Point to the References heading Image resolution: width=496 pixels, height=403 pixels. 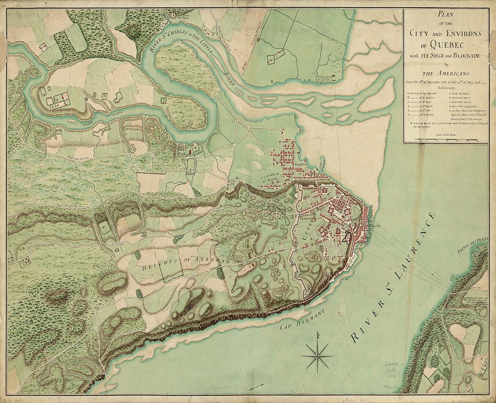444,86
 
